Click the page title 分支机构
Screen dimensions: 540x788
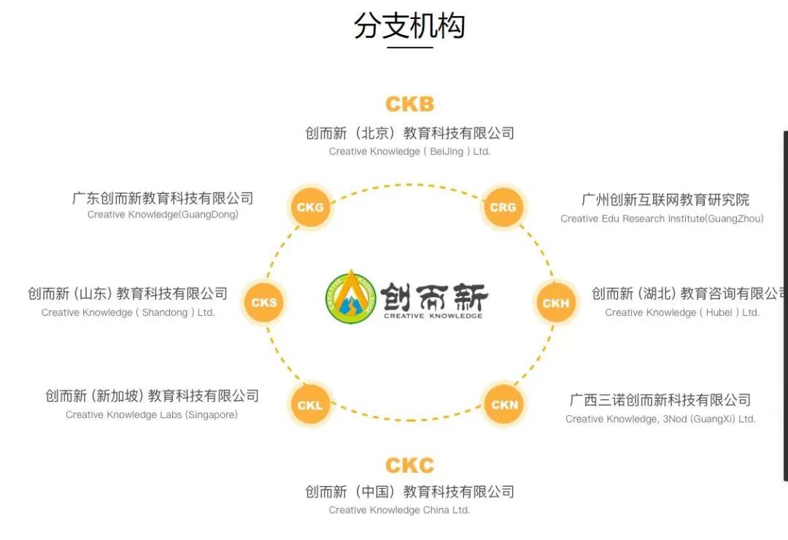pyautogui.click(x=409, y=26)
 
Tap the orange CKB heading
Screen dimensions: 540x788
pyautogui.click(x=409, y=104)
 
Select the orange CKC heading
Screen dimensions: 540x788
pyautogui.click(x=409, y=466)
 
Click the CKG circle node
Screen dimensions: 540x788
pyautogui.click(x=310, y=207)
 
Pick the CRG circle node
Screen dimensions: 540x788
pyautogui.click(x=503, y=207)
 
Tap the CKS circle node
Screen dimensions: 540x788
pyautogui.click(x=264, y=302)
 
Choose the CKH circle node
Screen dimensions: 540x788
pyautogui.click(x=556, y=303)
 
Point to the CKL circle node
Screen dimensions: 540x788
pyautogui.click(x=310, y=405)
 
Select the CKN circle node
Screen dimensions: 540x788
pyautogui.click(x=504, y=404)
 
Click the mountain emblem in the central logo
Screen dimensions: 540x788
pyautogui.click(x=352, y=297)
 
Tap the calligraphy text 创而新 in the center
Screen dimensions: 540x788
pyautogui.click(x=433, y=297)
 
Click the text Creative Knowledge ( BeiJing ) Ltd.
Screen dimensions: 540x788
pyautogui.click(x=409, y=152)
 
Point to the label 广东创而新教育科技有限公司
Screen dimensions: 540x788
pyautogui.click(x=163, y=198)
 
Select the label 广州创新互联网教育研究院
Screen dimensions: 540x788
pyautogui.click(x=665, y=200)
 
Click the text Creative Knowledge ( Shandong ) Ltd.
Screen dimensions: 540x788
pyautogui.click(x=128, y=312)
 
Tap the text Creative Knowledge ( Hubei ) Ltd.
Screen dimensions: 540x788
pyautogui.click(x=682, y=312)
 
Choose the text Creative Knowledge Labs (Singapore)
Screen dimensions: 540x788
pyautogui.click(x=152, y=414)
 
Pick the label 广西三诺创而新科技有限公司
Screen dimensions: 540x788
pyautogui.click(x=660, y=400)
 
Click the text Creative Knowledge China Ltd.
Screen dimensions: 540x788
pyautogui.click(x=399, y=510)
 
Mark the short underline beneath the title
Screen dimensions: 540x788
pyautogui.click(x=409, y=48)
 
